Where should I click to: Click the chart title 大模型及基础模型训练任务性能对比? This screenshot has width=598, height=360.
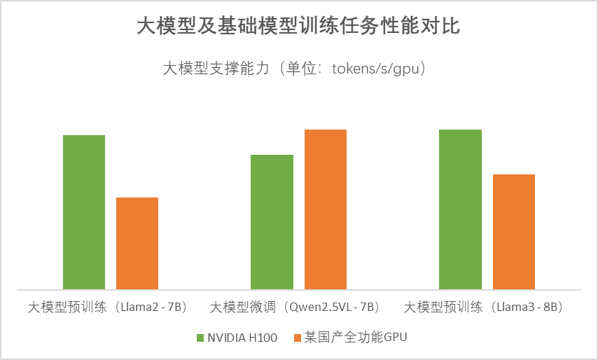[x=298, y=27]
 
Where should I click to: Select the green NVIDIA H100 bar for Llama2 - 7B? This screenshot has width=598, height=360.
[x=84, y=212]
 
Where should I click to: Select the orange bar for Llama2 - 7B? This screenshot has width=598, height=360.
[x=137, y=243]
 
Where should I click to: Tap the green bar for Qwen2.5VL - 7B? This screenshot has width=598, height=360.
[x=272, y=221]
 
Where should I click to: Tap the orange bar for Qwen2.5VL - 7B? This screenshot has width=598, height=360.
[x=325, y=209]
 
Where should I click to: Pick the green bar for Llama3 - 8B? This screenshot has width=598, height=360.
[x=460, y=209]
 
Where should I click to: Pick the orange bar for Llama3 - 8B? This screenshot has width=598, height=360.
[x=514, y=231]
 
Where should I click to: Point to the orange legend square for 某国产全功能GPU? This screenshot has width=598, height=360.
[x=297, y=338]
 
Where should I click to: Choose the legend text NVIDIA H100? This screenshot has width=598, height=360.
[x=242, y=338]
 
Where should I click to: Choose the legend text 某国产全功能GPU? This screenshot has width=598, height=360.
[x=355, y=338]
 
